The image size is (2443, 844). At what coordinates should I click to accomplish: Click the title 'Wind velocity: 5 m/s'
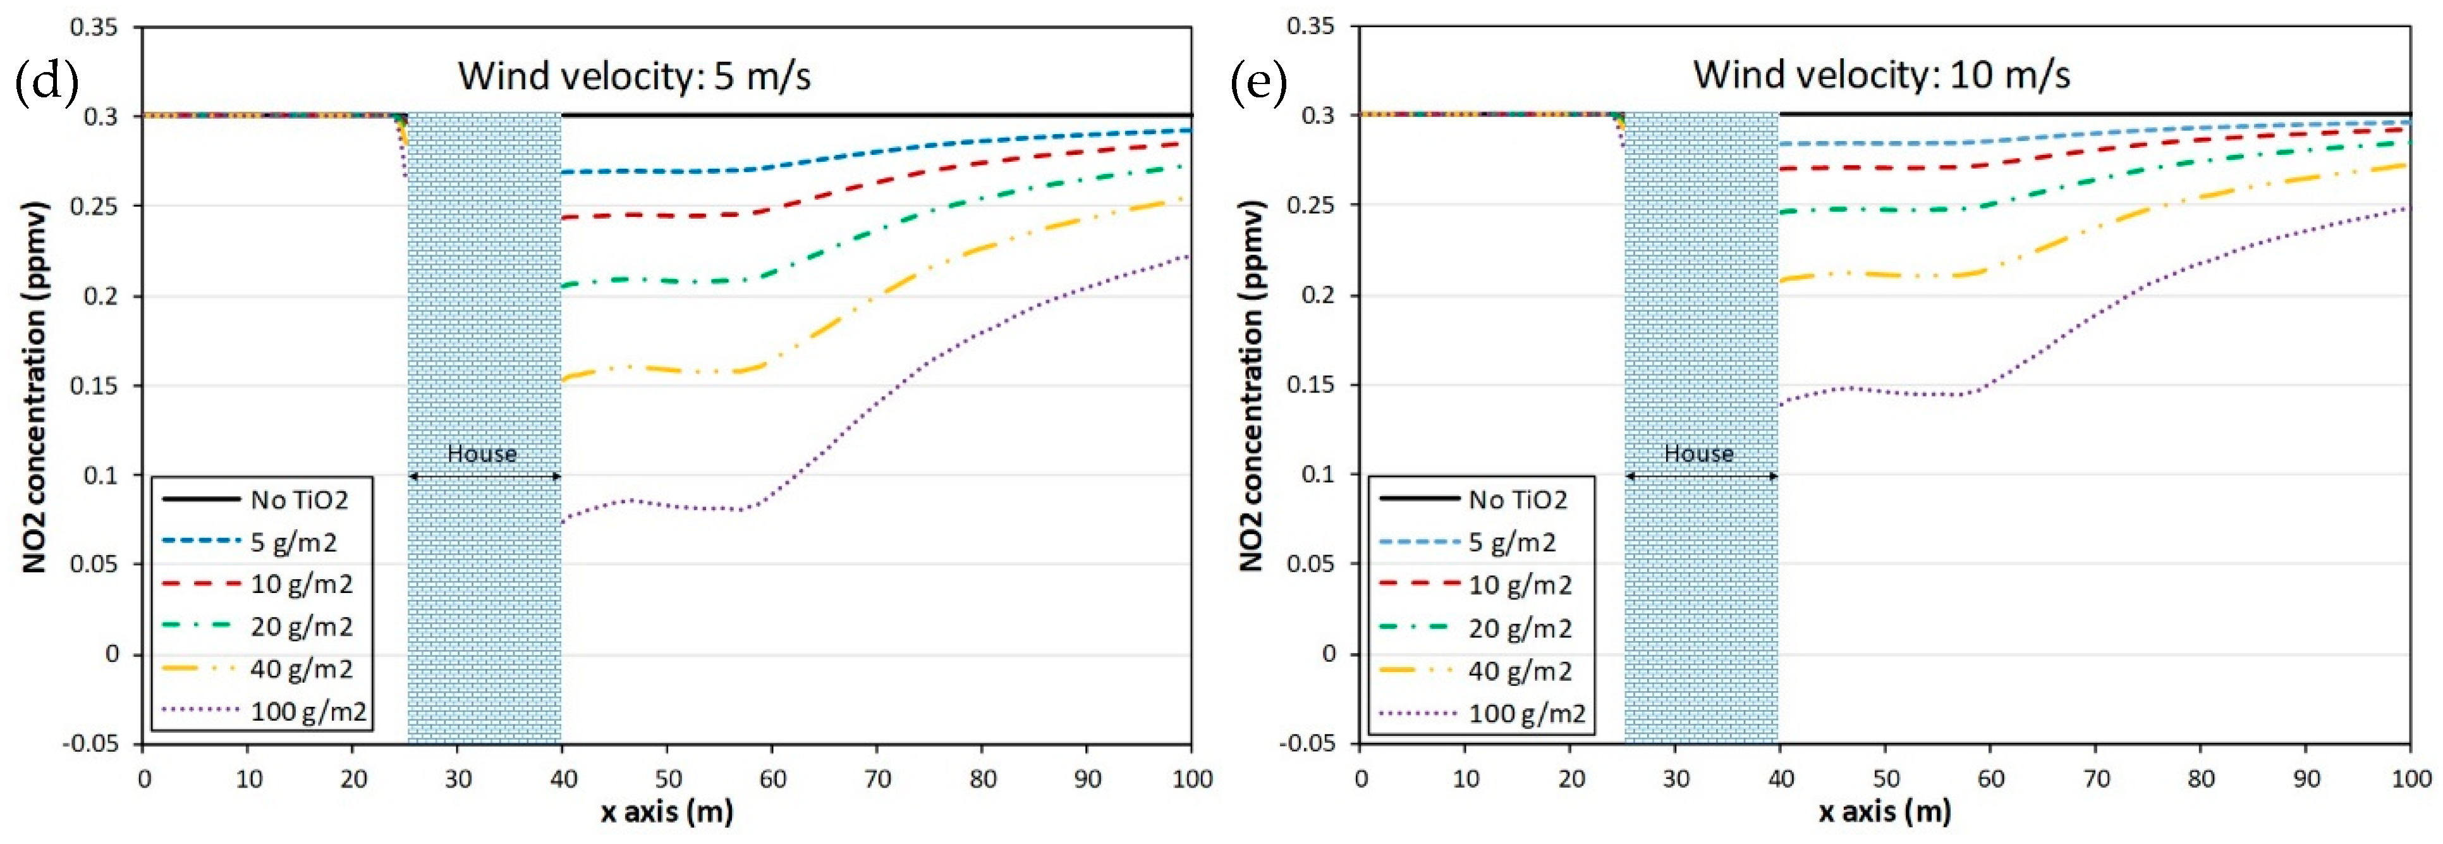[x=635, y=76]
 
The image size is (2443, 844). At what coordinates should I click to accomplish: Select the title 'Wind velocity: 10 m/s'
[x=1882, y=74]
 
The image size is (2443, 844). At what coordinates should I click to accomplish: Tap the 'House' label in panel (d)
[x=482, y=453]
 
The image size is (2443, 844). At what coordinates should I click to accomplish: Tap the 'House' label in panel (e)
[x=1698, y=453]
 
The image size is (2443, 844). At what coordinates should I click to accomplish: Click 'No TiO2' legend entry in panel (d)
[x=299, y=499]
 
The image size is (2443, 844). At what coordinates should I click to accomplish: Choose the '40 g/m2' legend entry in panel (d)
[x=301, y=670]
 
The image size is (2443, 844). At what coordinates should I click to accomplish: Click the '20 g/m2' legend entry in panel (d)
[x=301, y=627]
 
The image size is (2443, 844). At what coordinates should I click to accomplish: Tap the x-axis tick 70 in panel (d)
[x=877, y=780]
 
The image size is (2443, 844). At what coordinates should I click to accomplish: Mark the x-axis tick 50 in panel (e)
[x=1886, y=780]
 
